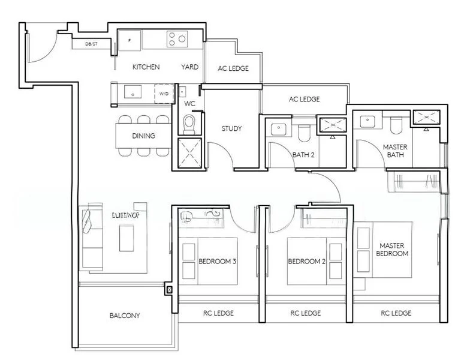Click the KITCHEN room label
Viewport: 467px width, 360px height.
point(146,67)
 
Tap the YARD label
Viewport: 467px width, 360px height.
point(189,67)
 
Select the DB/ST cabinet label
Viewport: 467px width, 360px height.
point(92,44)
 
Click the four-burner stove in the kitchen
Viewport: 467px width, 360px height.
point(176,39)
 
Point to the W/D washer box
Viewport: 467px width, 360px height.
point(163,94)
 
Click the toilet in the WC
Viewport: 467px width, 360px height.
point(189,124)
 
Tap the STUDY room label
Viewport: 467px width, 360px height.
point(231,129)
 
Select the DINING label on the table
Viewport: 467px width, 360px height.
point(143,136)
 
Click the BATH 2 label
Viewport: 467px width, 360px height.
point(303,155)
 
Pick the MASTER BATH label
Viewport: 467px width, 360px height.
point(395,151)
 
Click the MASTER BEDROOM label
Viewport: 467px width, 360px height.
point(393,250)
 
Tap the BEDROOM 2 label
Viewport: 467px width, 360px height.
point(306,262)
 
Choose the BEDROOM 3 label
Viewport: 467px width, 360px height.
point(217,262)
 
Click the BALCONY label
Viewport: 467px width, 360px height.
point(125,316)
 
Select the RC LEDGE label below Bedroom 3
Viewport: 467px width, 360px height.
point(218,313)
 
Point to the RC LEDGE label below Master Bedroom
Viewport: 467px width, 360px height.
point(396,313)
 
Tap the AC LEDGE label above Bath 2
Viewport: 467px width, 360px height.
point(304,100)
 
